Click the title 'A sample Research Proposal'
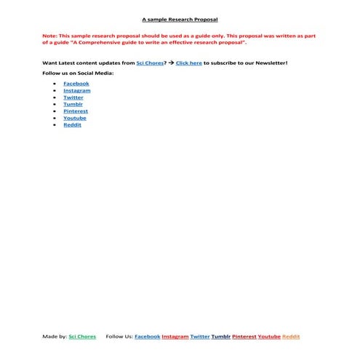[x=180, y=20]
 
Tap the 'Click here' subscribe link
[x=189, y=63]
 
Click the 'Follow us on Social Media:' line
[x=78, y=73]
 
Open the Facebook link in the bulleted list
[x=76, y=84]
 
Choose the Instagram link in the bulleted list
[x=77, y=90]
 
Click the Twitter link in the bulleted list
[x=73, y=97]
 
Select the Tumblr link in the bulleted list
[x=73, y=104]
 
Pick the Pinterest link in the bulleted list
[x=76, y=111]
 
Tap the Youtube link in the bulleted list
[x=75, y=118]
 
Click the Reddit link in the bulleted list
[x=72, y=125]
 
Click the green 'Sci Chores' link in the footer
[x=82, y=337]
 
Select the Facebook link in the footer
[x=148, y=337]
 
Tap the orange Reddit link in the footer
[x=291, y=337]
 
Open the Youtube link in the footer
[x=269, y=337]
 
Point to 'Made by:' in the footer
[x=55, y=337]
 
